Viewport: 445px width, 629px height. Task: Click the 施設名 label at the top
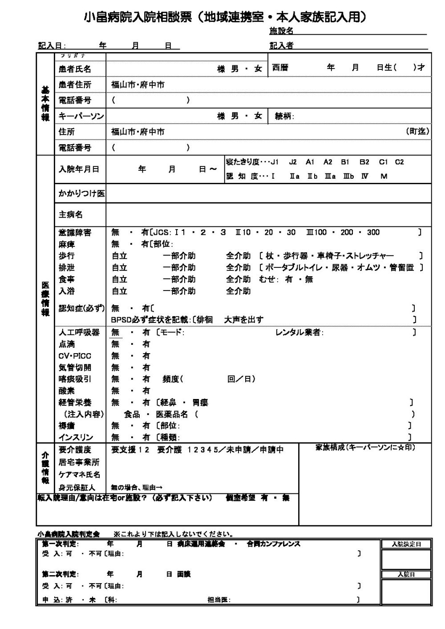281,31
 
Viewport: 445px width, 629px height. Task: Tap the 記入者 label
281,45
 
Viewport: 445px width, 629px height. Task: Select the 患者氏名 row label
75,69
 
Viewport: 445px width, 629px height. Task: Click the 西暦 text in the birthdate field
280,68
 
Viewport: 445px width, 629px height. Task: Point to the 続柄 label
283,117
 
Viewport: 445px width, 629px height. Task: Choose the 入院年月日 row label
79,169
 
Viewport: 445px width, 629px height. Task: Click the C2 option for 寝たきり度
399,162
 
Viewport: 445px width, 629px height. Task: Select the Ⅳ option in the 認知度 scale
365,176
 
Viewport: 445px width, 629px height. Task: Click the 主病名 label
71,215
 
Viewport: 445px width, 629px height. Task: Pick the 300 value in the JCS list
373,232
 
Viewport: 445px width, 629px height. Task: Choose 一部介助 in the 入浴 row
179,291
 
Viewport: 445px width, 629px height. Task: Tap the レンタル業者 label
299,332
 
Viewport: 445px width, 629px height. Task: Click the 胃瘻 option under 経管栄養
200,403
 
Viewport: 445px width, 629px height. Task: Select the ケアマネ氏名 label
79,475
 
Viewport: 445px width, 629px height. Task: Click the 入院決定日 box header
406,544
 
